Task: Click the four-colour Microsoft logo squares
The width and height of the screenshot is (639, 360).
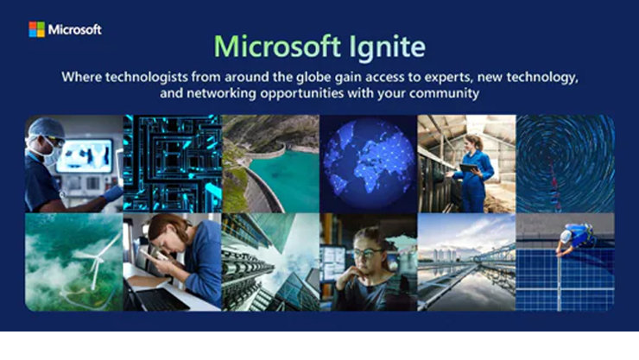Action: tap(36, 29)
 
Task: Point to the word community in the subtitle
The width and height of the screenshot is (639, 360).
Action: tap(442, 93)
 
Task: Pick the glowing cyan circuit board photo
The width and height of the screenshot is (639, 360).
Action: tap(172, 164)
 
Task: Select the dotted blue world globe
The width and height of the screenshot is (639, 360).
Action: tap(369, 164)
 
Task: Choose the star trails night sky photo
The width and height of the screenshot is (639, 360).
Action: tap(566, 164)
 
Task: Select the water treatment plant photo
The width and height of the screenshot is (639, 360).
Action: tap(466, 262)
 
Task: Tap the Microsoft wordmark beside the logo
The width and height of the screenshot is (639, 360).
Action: tap(74, 29)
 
